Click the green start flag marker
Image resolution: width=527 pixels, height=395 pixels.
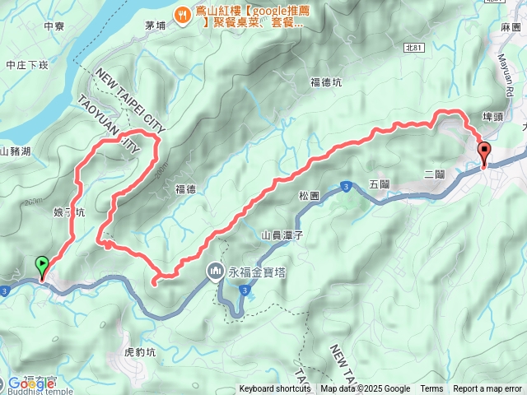42,265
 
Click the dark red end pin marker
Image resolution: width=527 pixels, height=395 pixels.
483,152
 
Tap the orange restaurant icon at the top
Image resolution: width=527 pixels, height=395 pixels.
184,15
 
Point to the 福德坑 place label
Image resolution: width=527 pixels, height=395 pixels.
326,81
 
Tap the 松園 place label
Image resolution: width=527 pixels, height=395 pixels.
310,196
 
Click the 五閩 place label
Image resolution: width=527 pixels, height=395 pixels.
379,184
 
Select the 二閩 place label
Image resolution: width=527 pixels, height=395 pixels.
434,175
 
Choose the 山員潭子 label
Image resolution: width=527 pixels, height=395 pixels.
282,235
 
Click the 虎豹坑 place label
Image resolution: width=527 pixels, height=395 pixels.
140,351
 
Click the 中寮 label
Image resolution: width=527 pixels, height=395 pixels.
54,26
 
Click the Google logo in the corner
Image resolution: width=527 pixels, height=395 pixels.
30,383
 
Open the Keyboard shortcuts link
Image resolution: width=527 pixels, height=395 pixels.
275,389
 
